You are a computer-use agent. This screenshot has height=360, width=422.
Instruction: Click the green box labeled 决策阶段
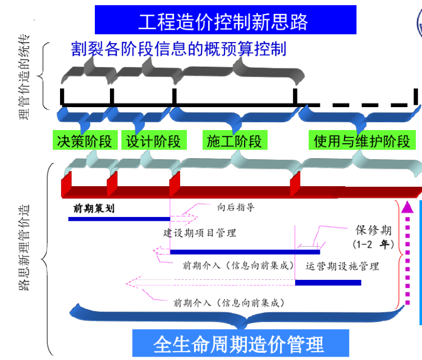(x=84, y=141)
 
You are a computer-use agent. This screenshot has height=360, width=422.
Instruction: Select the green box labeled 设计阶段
(x=153, y=141)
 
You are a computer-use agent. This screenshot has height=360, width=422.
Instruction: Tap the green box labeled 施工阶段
(x=234, y=141)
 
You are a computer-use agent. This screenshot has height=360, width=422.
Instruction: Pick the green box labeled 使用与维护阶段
(x=362, y=141)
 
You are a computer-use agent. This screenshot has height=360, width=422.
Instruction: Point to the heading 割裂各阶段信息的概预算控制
(x=178, y=49)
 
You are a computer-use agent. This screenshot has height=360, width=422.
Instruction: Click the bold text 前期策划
(x=94, y=208)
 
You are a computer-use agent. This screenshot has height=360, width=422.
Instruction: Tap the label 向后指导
(x=236, y=207)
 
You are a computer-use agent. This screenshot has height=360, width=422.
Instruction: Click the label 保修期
(x=373, y=230)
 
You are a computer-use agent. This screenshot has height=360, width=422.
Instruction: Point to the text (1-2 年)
(x=373, y=244)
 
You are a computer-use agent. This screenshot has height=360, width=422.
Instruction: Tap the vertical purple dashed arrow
(x=408, y=252)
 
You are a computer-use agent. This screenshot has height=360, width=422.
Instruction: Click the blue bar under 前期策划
(x=118, y=219)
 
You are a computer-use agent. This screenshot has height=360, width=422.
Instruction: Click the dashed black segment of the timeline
(x=359, y=105)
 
